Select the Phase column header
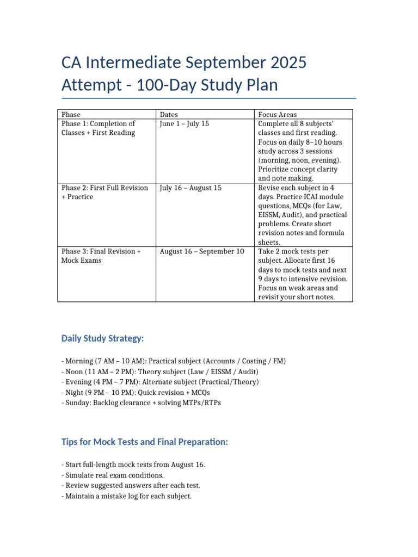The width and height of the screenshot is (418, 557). pyautogui.click(x=71, y=114)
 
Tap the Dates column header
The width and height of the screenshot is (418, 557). pyautogui.click(x=168, y=114)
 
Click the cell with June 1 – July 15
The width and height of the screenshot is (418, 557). pyautogui.click(x=185, y=124)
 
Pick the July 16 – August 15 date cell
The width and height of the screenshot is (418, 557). pyautogui.click(x=192, y=188)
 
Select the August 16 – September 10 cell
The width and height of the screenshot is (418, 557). pyautogui.click(x=202, y=251)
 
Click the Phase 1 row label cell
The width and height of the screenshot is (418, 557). pyautogui.click(x=99, y=128)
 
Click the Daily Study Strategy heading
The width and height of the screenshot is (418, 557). pyautogui.click(x=103, y=339)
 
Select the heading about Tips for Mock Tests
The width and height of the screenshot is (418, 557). pyautogui.click(x=145, y=442)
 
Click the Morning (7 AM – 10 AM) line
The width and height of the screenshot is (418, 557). pyautogui.click(x=174, y=361)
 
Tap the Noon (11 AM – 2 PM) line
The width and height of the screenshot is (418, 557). pyautogui.click(x=160, y=372)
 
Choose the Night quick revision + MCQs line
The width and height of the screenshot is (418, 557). pyautogui.click(x=136, y=392)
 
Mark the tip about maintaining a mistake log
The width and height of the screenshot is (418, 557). pyautogui.click(x=126, y=496)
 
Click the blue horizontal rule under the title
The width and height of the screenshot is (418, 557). pyautogui.click(x=209, y=98)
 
